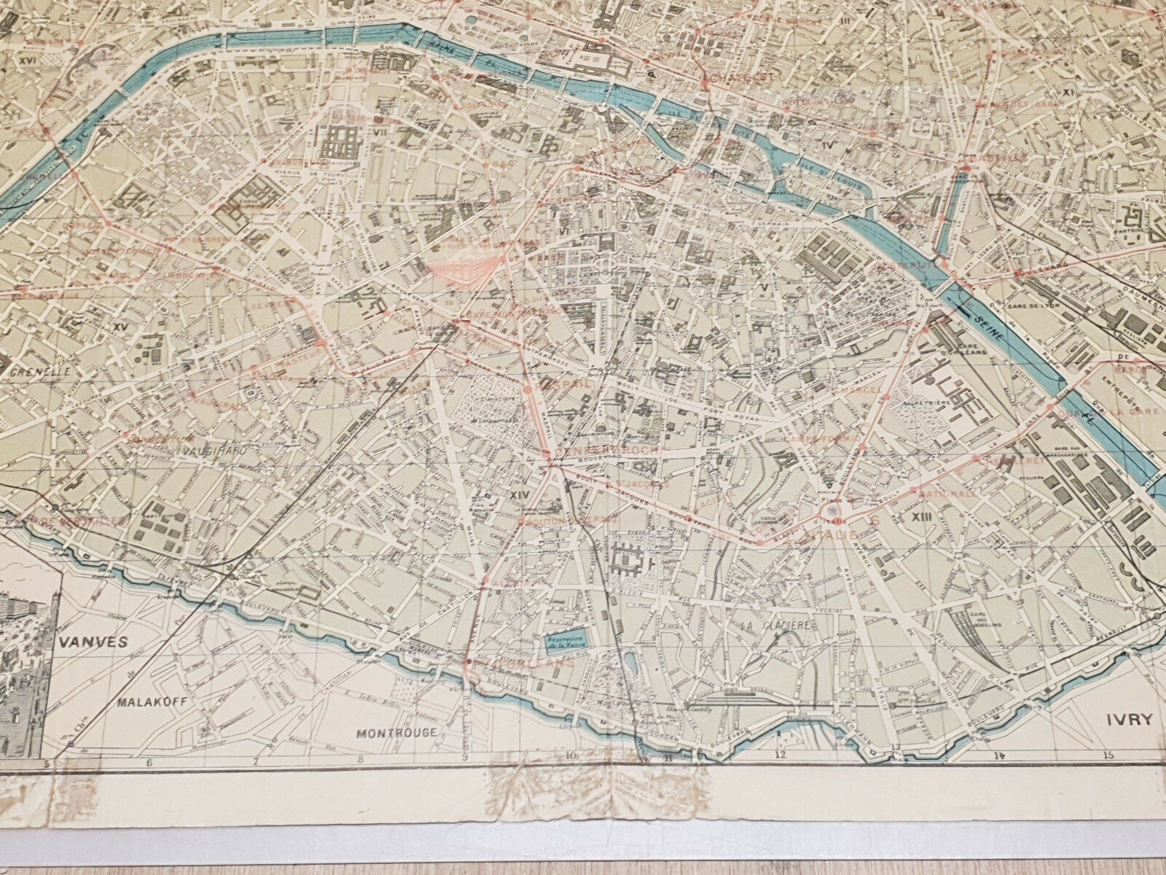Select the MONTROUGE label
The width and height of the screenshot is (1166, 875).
[x=396, y=732]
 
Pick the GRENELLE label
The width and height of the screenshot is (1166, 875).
[x=40, y=370]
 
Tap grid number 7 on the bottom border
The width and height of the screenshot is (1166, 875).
[x=256, y=784]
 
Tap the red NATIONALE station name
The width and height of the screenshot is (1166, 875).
[x=946, y=493]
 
